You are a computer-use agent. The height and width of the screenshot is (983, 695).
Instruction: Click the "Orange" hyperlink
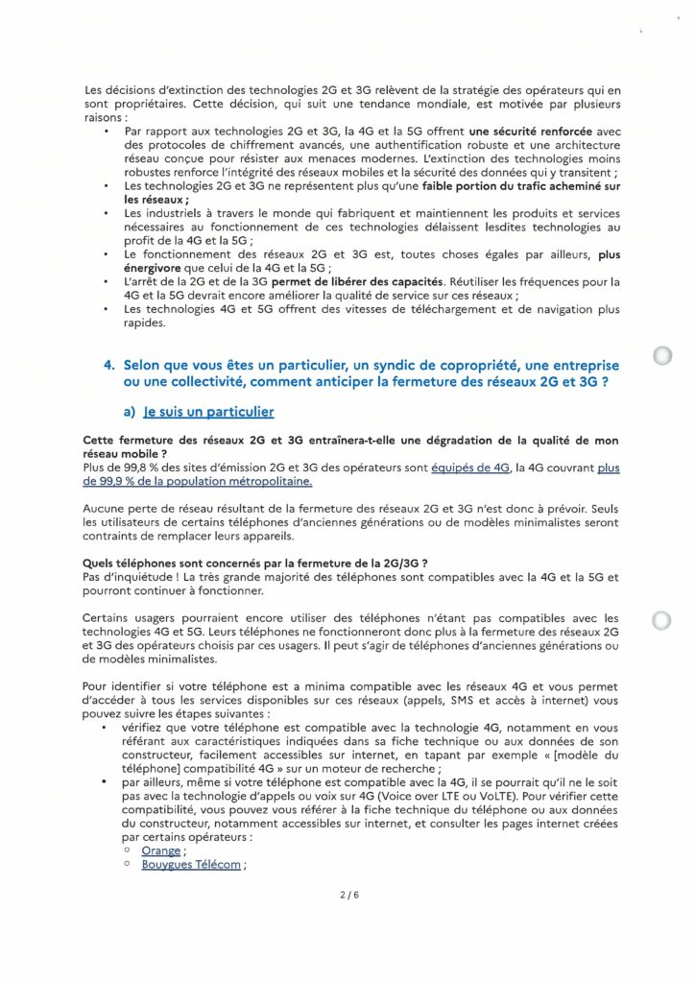159,851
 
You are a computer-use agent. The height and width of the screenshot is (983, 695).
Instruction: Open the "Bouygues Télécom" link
191,865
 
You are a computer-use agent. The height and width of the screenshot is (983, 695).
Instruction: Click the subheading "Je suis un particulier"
208,412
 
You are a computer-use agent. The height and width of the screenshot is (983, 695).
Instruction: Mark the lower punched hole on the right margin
661,620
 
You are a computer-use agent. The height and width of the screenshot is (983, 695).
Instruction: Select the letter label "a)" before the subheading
131,412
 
